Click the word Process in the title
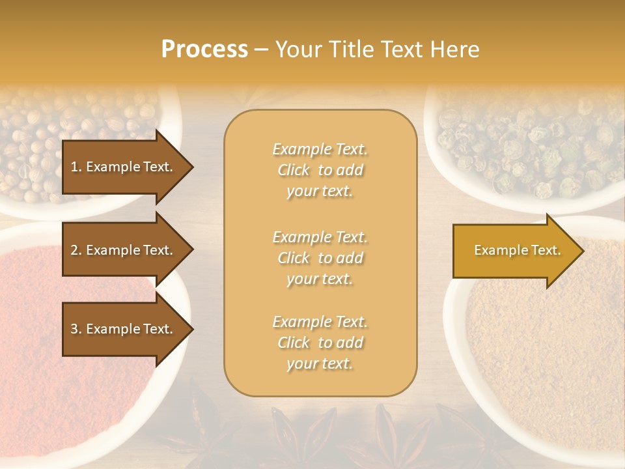tap(204, 50)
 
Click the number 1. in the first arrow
tap(76, 167)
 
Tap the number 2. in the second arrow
tap(76, 250)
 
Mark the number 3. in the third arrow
tap(76, 329)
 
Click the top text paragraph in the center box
tap(320, 170)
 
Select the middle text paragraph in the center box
tap(320, 258)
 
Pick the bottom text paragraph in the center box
tap(320, 343)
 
